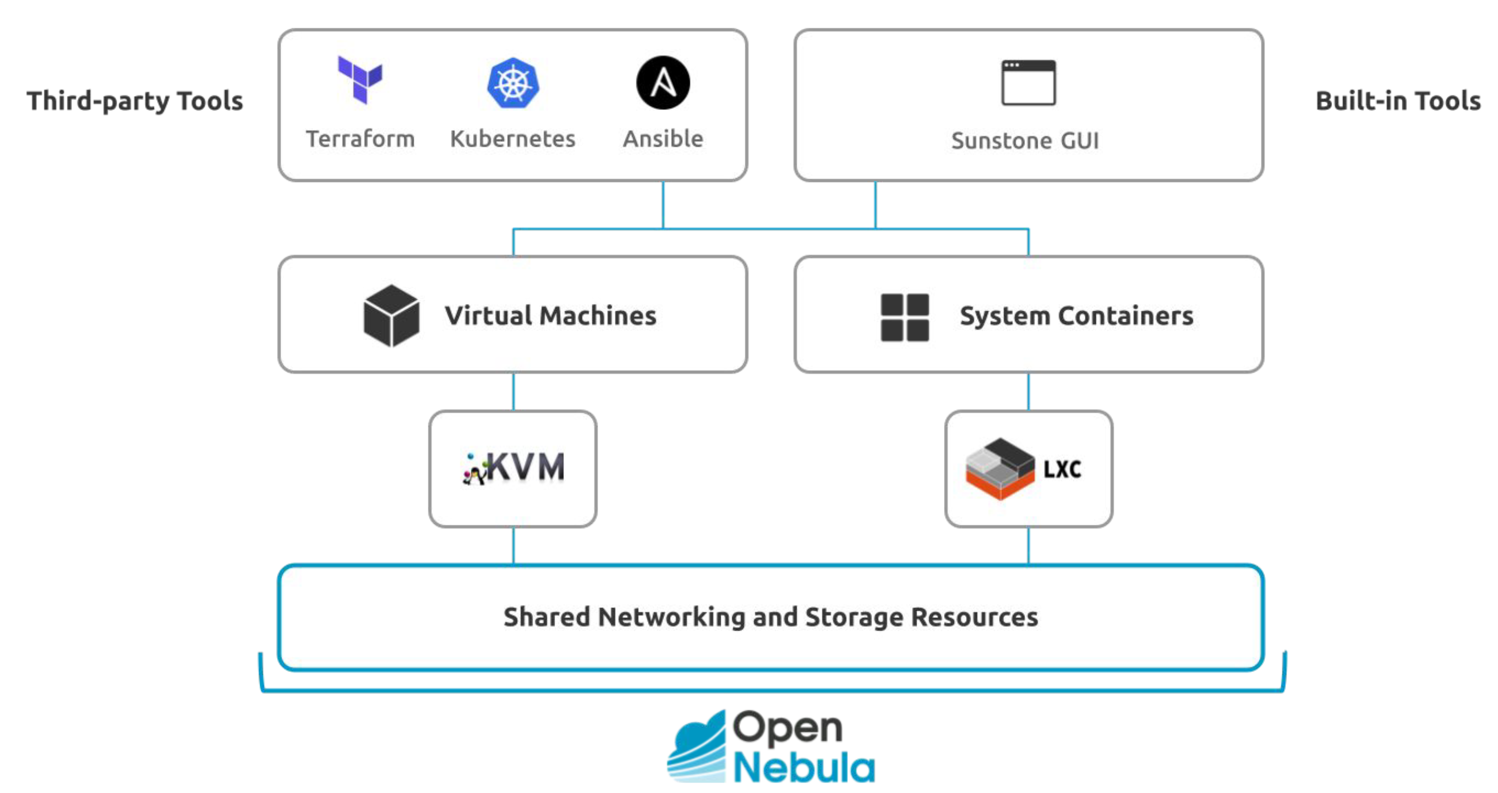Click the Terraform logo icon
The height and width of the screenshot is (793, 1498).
(x=360, y=80)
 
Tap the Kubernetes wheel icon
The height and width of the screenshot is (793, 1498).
(x=513, y=83)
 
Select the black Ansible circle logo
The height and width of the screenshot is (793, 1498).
(x=663, y=83)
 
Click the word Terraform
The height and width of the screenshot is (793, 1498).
(x=361, y=139)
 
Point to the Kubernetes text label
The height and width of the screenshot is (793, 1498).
(x=512, y=139)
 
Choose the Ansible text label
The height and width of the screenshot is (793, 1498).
(x=663, y=139)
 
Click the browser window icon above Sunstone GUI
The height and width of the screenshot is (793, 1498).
(x=1028, y=83)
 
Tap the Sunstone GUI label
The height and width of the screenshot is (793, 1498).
(x=1025, y=141)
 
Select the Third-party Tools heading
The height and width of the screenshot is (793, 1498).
(x=135, y=100)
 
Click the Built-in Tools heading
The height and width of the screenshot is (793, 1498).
(x=1398, y=100)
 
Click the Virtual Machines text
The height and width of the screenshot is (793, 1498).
(x=551, y=316)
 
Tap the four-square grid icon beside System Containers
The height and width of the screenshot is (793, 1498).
(x=905, y=317)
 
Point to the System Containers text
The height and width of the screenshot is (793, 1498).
(x=1076, y=316)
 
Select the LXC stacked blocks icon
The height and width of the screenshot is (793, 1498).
(x=1000, y=469)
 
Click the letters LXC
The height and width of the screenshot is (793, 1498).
(x=1062, y=469)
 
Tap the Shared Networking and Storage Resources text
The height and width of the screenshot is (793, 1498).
(x=771, y=617)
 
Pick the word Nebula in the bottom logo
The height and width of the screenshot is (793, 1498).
(x=804, y=768)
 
